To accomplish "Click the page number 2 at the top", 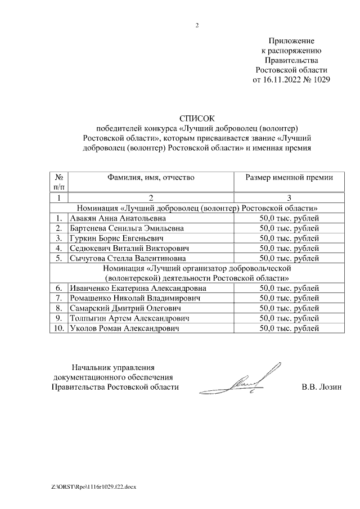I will (197, 25).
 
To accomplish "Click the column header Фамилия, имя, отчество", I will (151, 177).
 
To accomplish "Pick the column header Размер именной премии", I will (289, 177).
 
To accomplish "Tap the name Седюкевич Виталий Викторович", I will (128, 249).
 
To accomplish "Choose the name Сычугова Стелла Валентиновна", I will (125, 259).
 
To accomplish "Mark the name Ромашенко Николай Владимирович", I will (134, 298).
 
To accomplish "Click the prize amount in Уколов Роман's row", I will (289, 328).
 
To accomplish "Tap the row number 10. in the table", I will (58, 328).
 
